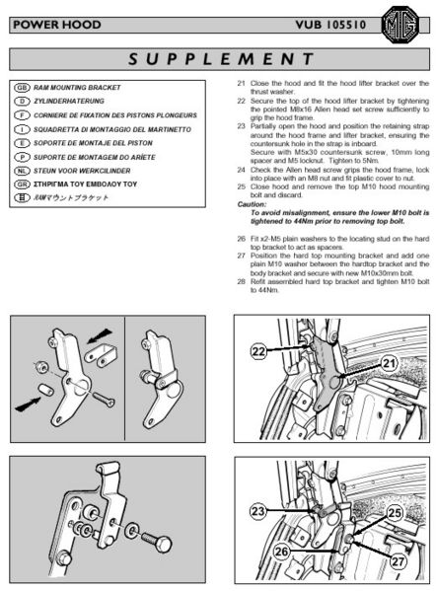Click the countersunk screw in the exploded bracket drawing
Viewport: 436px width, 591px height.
102,399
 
